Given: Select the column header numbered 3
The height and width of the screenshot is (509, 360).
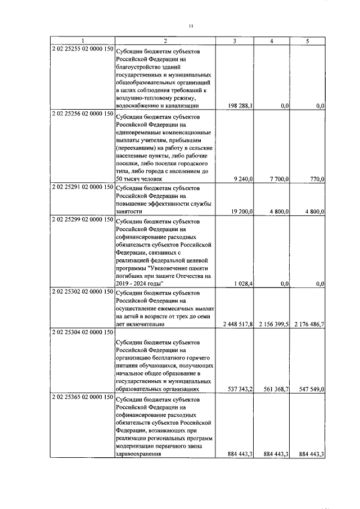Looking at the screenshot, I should pyautogui.click(x=235, y=40).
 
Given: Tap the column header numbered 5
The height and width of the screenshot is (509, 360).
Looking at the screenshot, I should pyautogui.click(x=307, y=40).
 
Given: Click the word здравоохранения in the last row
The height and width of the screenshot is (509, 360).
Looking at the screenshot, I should pyautogui.click(x=139, y=456).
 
